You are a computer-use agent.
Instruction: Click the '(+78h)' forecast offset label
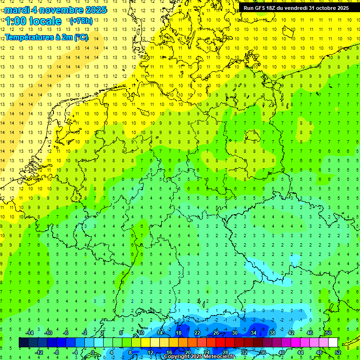point(81,21)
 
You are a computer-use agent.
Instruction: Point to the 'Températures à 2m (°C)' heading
point(46,37)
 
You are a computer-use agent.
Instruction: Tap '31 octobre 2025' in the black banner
point(329,8)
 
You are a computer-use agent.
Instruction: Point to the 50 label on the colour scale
point(328,333)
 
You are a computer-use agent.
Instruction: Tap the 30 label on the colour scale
point(234,333)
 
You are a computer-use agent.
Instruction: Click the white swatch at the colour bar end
point(333,343)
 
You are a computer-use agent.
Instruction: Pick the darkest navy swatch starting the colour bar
point(23,343)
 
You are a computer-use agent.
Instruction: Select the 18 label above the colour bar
point(178,333)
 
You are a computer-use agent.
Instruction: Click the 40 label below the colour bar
point(282,352)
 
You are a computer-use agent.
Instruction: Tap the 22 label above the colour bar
point(197,333)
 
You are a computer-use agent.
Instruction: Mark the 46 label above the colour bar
point(309,333)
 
